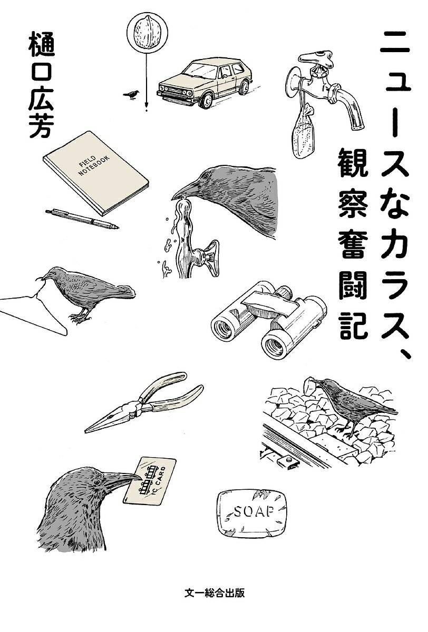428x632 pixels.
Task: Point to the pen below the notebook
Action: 82,218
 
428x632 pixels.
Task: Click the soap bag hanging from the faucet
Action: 303,137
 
